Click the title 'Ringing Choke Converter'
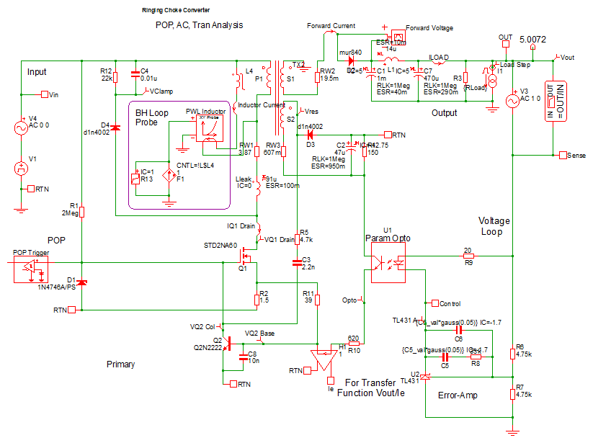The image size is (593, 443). point(177,12)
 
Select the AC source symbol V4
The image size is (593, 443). point(22,129)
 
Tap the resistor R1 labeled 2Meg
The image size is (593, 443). point(82,212)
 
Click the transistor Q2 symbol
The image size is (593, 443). point(226,341)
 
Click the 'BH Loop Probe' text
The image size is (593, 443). point(151,117)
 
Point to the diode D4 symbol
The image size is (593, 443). point(115,127)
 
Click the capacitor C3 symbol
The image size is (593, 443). point(298,262)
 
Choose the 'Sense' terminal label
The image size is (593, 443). point(576,155)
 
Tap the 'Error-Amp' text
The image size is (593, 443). point(458,395)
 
